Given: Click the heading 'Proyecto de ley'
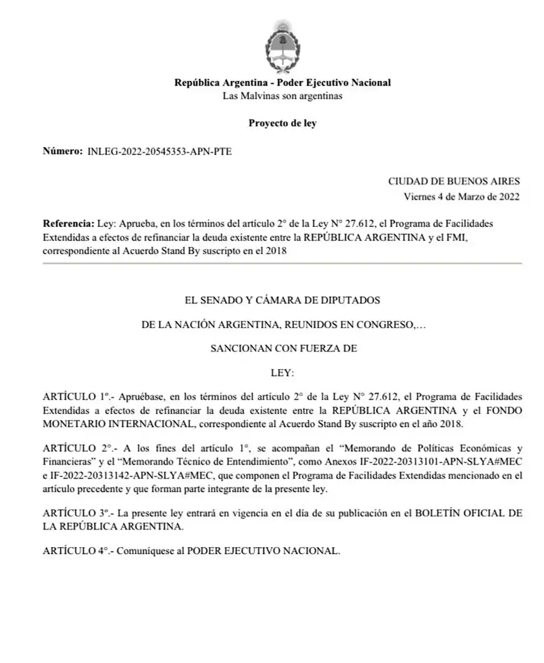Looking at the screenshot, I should pos(282,123).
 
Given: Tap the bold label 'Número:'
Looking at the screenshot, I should pos(62,151).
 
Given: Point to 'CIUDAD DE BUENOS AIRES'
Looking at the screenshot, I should pos(454,182).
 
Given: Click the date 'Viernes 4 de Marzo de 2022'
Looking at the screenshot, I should pos(461,197).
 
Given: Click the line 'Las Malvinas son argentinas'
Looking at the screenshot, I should pos(282,96).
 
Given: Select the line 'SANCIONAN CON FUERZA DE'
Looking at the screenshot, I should pos(283,349).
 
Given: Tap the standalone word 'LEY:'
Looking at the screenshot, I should pos(283,373).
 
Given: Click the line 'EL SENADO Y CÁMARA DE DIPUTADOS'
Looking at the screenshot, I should pos(282,300).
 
